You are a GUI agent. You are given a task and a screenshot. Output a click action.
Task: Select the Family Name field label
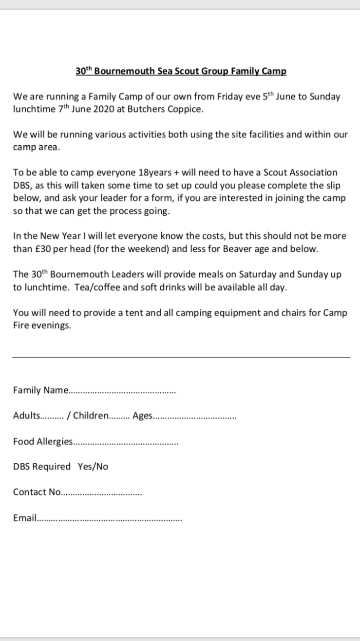click(x=41, y=390)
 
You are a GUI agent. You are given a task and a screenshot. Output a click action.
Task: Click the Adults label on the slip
click(x=27, y=415)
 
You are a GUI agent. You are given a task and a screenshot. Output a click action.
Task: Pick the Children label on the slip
click(x=91, y=415)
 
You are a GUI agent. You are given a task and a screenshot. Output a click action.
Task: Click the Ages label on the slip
click(x=143, y=416)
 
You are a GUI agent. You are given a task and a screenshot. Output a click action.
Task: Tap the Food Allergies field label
click(x=43, y=441)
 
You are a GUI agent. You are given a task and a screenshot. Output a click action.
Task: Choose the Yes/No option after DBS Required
click(x=93, y=467)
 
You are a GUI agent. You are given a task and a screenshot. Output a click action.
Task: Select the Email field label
click(x=25, y=518)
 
